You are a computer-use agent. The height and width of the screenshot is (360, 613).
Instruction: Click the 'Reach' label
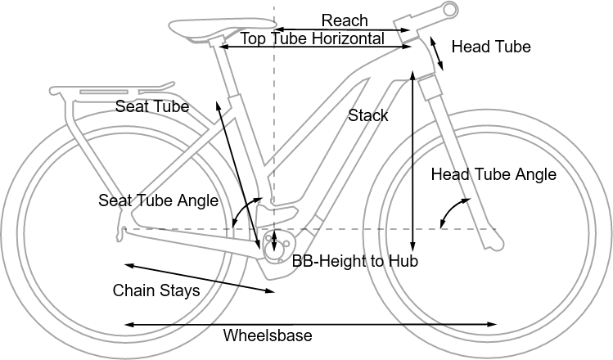point(345,20)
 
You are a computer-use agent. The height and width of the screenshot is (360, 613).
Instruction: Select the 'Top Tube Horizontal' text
point(312,38)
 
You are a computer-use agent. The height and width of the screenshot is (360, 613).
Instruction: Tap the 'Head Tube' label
point(491,47)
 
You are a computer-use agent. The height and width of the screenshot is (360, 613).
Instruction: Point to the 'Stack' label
point(368,115)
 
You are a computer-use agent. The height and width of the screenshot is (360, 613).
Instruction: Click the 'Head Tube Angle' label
point(494,174)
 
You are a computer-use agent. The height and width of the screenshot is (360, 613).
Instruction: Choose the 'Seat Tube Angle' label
point(158,200)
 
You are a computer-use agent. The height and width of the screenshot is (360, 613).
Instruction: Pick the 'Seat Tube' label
point(152,106)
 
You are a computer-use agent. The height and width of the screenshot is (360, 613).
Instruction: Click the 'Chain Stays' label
point(156,290)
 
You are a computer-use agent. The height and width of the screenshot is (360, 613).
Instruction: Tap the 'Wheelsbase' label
point(268,335)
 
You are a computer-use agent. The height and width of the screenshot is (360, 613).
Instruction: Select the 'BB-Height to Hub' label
point(355,262)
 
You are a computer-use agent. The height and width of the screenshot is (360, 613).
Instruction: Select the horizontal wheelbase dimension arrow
point(312,325)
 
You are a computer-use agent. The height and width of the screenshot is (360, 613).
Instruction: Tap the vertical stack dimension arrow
point(415,163)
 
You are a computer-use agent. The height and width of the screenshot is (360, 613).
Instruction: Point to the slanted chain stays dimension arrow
point(201,277)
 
